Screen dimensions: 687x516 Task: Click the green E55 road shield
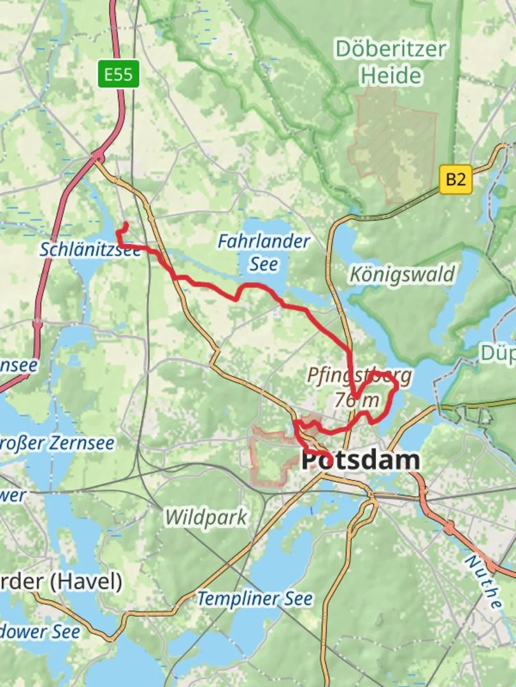pos(118,74)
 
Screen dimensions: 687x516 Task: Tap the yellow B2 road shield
pos(455,179)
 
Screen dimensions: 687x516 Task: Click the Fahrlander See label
pos(263,252)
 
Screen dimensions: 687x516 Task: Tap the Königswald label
pos(403,275)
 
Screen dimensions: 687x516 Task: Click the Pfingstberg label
pos(359,375)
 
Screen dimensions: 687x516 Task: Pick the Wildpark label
pos(206,517)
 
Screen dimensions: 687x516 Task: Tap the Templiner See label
pos(255,599)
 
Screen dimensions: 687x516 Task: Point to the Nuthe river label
pos(483,582)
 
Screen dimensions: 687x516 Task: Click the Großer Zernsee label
pos(57,443)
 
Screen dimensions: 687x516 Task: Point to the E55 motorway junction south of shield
pos(97,155)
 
